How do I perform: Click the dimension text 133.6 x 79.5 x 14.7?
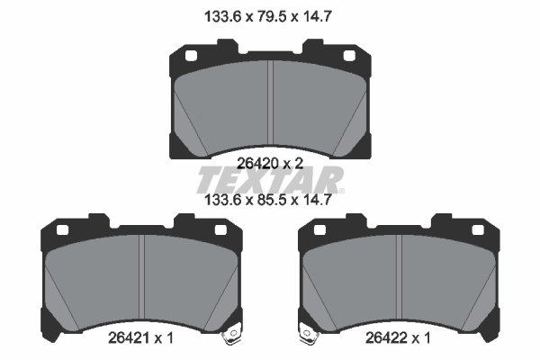coord(271,15)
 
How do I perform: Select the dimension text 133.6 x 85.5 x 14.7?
coord(271,202)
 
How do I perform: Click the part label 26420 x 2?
coord(271,163)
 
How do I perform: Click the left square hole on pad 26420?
coord(191,58)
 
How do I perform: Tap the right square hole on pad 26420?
coord(350,58)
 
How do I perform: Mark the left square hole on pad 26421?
coord(63,230)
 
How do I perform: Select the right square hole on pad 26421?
coord(222,230)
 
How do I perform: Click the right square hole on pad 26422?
coord(479,230)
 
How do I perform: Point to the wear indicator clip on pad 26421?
coord(233,334)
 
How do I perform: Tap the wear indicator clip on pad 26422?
coord(308,334)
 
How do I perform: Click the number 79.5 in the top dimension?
coord(271,15)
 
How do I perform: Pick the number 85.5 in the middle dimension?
coord(271,202)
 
